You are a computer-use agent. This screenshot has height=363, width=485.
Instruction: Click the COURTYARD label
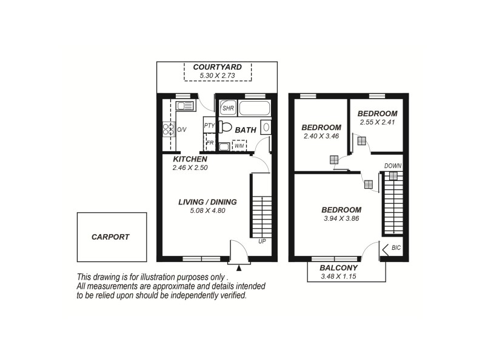point(218,67)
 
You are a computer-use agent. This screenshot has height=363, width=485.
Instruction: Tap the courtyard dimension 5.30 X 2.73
point(218,76)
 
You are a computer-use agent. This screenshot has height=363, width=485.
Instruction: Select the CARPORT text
point(110,237)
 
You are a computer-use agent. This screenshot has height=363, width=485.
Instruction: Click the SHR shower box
point(228,108)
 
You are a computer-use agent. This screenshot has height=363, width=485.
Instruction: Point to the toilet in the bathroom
point(225,127)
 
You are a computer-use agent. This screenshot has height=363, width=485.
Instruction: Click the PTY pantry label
point(209,126)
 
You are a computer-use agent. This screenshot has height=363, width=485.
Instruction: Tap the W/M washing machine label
point(239,146)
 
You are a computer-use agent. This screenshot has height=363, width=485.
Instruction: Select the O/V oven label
point(181,129)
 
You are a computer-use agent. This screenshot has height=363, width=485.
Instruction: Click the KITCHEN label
point(190,159)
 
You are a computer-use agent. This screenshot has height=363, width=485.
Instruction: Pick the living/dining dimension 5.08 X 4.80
point(207,211)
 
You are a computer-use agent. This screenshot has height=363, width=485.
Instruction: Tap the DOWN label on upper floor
point(392,165)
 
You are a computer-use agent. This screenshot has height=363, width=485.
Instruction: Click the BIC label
point(396,248)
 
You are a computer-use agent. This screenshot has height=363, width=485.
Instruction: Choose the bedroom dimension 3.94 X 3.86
point(341,218)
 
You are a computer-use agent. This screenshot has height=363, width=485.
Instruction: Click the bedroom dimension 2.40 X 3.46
point(321,137)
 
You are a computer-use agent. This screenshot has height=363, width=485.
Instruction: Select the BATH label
point(246,129)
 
